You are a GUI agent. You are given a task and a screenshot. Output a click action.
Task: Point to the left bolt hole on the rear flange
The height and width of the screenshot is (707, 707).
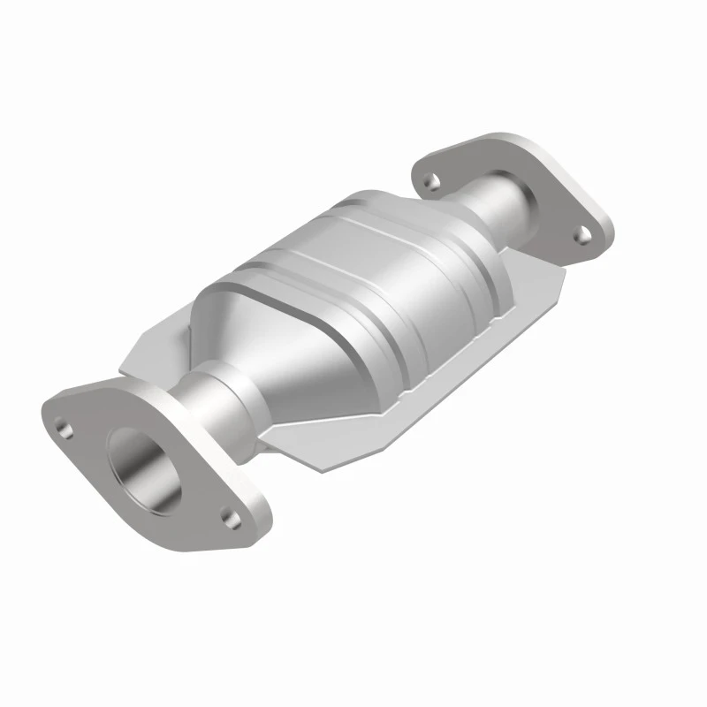[x=431, y=181]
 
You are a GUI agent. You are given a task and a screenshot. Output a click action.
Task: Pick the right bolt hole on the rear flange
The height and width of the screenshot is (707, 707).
[x=582, y=233]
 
